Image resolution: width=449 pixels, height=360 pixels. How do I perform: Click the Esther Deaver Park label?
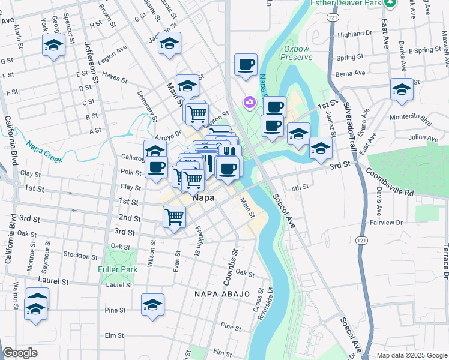346,3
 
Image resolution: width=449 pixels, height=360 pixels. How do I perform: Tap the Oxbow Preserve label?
298,52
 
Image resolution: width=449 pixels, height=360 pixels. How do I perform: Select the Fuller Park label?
118,269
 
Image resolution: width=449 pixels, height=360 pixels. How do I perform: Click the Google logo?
20,353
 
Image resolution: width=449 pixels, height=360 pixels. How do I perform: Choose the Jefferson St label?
91,60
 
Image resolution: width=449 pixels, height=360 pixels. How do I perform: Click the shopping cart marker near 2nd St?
174,216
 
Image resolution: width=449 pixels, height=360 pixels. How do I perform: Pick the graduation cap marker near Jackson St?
170,43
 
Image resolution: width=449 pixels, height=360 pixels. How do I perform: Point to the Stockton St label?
77,255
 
